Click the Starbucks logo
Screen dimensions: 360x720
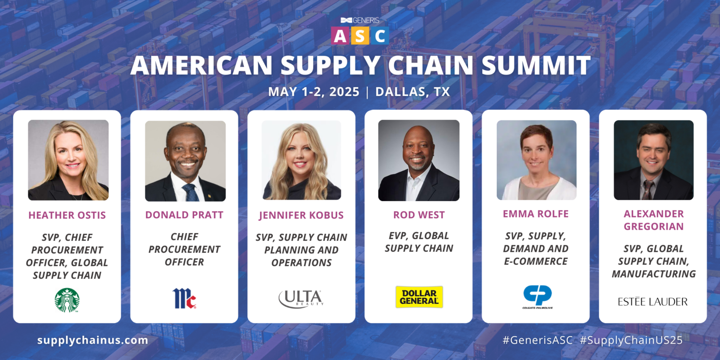click(x=67, y=300)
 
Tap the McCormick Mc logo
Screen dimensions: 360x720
click(x=184, y=298)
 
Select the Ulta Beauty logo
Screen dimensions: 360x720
click(x=301, y=299)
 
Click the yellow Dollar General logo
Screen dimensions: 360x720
click(x=419, y=297)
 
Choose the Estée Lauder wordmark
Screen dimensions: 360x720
click(x=652, y=301)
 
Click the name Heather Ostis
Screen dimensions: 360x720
click(x=67, y=215)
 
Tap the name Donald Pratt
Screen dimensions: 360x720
click(x=184, y=215)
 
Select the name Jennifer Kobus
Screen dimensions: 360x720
click(x=301, y=215)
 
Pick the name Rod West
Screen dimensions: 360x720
click(x=419, y=215)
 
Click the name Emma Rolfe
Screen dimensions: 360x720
click(x=536, y=214)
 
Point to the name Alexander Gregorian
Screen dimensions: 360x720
click(x=653, y=220)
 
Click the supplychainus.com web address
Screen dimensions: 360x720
click(x=92, y=340)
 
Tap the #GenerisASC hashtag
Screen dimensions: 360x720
click(x=537, y=340)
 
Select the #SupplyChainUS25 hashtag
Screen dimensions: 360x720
click(x=631, y=340)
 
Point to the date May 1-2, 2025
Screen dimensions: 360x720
click(x=314, y=91)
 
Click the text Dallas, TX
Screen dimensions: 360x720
click(x=412, y=91)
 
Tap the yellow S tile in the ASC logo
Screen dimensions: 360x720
click(x=360, y=36)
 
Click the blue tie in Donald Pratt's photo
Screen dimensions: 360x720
click(x=190, y=192)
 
